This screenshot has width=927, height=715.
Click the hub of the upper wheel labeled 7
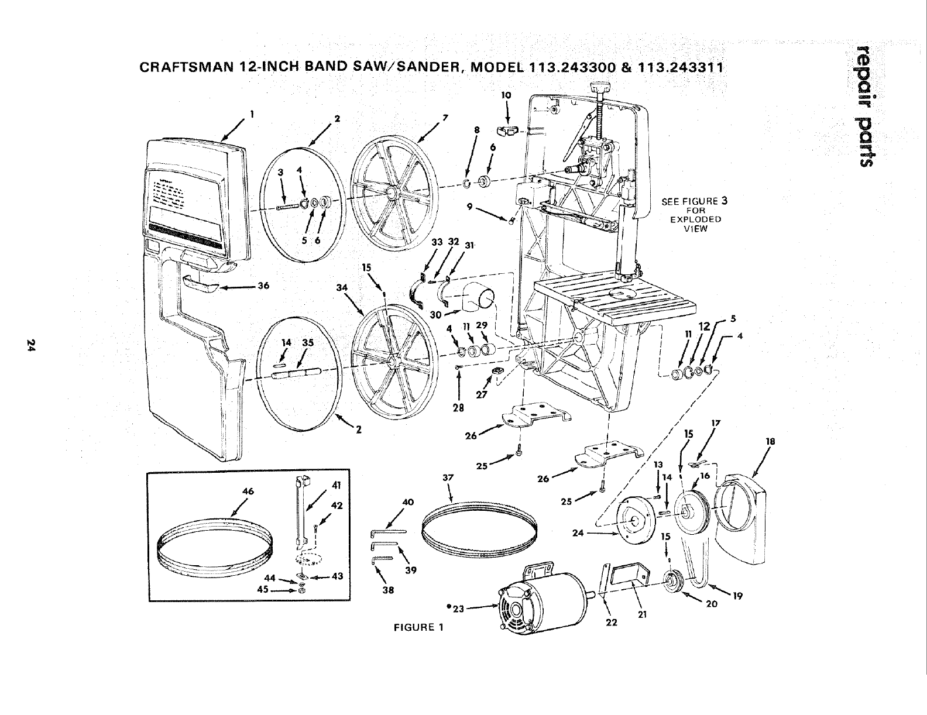(x=390, y=192)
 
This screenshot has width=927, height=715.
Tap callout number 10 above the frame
(x=507, y=94)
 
